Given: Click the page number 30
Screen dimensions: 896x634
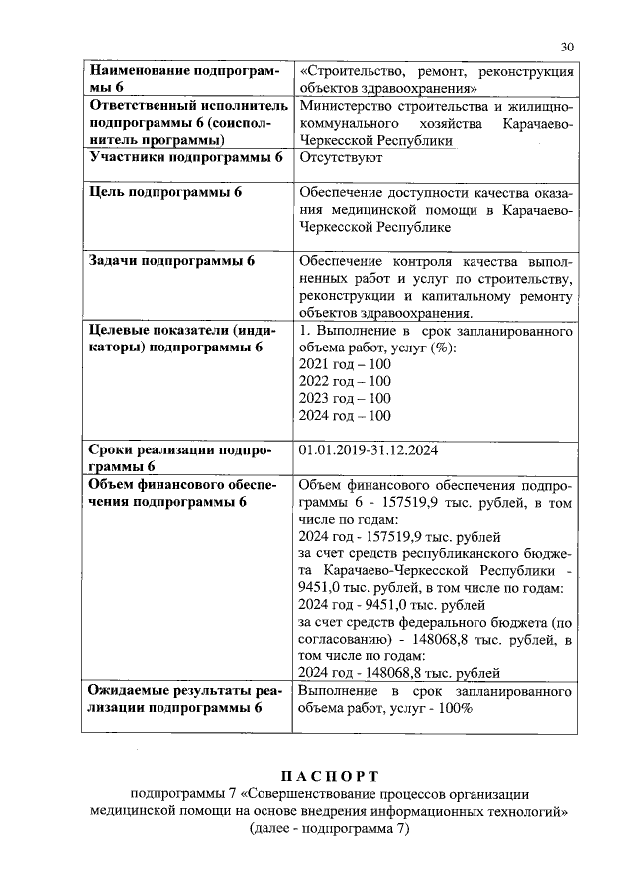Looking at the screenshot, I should click(x=567, y=47).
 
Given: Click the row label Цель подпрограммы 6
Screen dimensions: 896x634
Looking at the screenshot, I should click(x=165, y=192).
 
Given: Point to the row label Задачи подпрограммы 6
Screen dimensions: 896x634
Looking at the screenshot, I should click(x=172, y=261).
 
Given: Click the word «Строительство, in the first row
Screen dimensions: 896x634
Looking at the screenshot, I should click(x=355, y=72).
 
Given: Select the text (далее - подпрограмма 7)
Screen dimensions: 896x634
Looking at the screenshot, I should click(x=328, y=830).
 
